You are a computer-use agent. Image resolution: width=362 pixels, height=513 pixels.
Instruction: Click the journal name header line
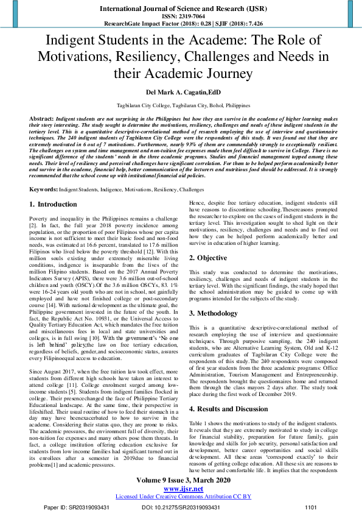click(181, 10)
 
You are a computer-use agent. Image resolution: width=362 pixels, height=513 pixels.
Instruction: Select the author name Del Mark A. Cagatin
click(181, 93)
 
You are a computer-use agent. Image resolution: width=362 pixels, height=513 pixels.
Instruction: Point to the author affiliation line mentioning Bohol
click(181, 105)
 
